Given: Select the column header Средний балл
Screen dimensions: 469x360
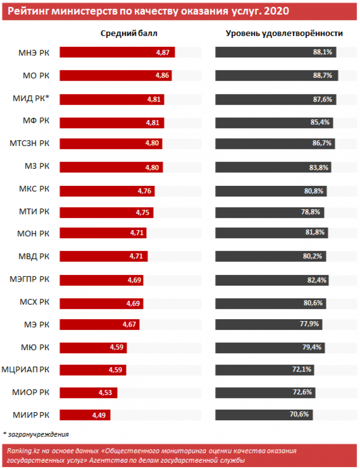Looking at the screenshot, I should (x=129, y=33).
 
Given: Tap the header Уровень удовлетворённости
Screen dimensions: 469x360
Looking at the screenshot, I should (x=284, y=33).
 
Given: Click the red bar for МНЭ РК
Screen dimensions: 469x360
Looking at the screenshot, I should (x=117, y=53).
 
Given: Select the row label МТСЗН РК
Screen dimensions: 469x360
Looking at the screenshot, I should (x=30, y=144).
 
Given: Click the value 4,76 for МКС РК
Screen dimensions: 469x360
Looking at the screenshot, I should (x=144, y=191).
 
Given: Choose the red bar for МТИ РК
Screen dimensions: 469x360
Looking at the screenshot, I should (x=106, y=213).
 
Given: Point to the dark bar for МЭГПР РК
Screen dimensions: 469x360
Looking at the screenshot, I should (x=271, y=280).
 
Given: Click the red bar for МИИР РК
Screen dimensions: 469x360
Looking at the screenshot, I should (x=85, y=415).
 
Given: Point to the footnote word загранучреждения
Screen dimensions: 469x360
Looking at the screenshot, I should (x=37, y=434).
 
